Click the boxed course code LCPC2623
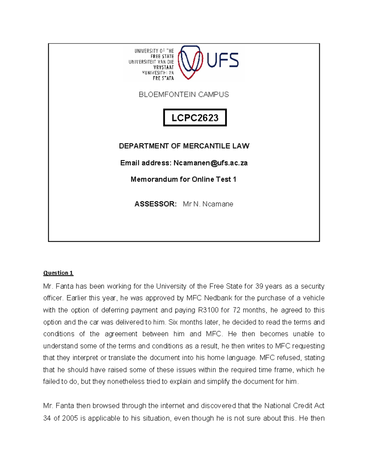coord(195,118)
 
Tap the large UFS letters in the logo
coord(223,60)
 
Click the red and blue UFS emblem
coord(190,62)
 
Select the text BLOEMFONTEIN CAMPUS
coord(184,94)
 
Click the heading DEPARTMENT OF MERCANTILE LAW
coord(184,146)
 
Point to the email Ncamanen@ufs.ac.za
coord(210,163)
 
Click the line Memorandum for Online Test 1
coord(183,179)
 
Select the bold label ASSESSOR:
coord(155,204)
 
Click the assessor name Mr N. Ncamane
coord(208,204)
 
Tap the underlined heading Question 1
coord(58,273)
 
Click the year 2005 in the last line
coord(70,418)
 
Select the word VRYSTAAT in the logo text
coord(163,67)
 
